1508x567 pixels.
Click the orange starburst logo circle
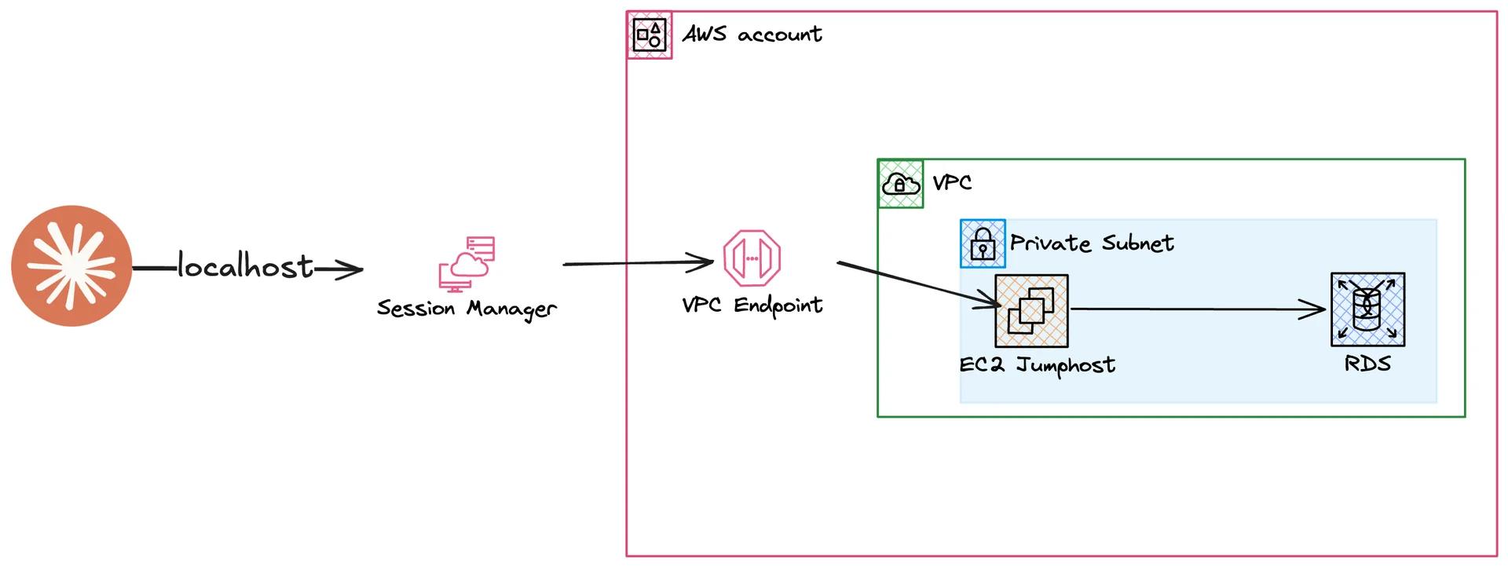click(x=71, y=265)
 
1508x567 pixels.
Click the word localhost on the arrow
click(x=245, y=266)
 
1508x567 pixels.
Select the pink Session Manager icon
click(x=467, y=264)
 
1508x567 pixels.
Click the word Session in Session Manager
click(x=415, y=308)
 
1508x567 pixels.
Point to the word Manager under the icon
click(x=511, y=309)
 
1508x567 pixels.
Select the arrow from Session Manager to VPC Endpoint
click(x=636, y=263)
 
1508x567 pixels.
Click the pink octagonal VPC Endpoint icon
click(x=752, y=258)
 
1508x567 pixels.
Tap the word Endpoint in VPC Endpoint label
click(x=778, y=305)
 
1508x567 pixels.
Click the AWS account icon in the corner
click(x=650, y=35)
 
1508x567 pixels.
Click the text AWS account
click(x=752, y=35)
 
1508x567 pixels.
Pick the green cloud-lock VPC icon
click(x=900, y=184)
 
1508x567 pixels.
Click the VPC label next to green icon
click(x=952, y=183)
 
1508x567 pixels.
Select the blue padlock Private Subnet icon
click(x=983, y=243)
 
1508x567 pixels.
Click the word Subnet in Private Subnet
click(x=1137, y=243)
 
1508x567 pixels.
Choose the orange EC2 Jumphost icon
click(x=1031, y=310)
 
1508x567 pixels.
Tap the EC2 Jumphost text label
click(x=1037, y=365)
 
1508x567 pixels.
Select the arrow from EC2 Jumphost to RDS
click(x=1194, y=309)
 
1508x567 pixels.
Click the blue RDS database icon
click(x=1367, y=309)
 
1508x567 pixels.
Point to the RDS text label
click(x=1367, y=364)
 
